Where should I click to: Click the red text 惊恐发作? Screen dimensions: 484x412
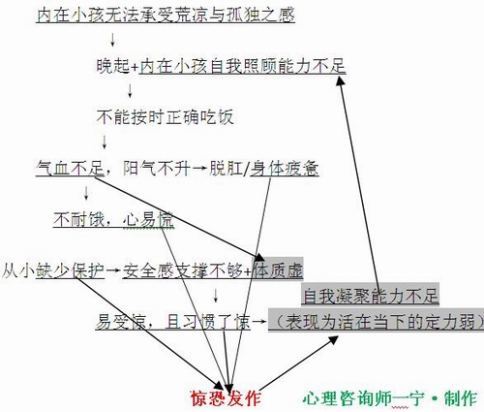[226, 398]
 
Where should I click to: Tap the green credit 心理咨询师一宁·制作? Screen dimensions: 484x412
[390, 398]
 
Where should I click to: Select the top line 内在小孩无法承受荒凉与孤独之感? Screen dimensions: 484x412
[166, 15]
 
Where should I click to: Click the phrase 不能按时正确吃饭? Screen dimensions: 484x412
[165, 117]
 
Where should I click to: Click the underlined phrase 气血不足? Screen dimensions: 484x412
[70, 169]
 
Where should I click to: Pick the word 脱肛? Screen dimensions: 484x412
[226, 169]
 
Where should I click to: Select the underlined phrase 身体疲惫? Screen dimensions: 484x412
[285, 169]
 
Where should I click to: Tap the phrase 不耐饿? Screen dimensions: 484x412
[78, 220]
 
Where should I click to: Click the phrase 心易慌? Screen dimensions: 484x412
[148, 220]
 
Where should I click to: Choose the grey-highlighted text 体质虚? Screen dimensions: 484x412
[278, 270]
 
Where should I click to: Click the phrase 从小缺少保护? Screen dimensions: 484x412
[53, 270]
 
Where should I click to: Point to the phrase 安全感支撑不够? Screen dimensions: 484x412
[182, 270]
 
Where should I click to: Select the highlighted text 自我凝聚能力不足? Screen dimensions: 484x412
[371, 296]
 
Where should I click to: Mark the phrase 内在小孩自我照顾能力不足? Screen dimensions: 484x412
[243, 66]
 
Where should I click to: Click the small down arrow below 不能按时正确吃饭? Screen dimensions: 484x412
[105, 143]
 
